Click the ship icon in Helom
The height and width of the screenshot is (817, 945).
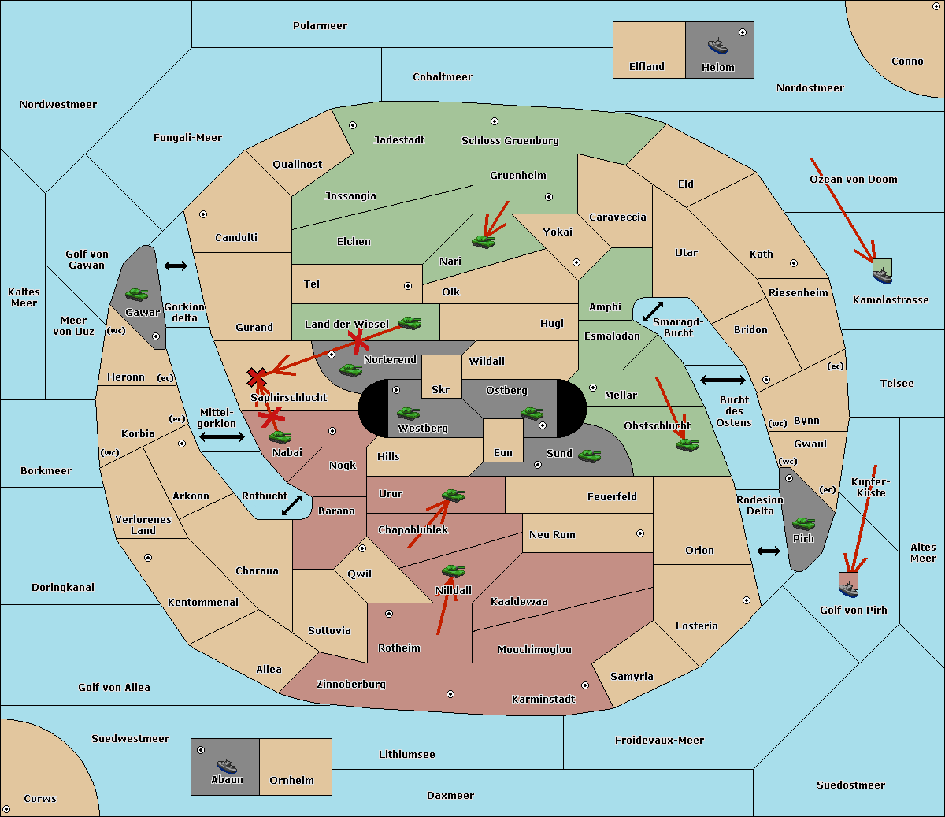[717, 46]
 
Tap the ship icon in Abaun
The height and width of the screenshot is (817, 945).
[227, 765]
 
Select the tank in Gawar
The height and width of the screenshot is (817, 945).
[137, 294]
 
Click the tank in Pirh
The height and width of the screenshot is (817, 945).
[803, 523]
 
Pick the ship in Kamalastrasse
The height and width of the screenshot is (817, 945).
[882, 275]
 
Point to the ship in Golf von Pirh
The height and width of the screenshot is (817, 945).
[849, 589]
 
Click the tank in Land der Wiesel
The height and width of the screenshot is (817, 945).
[410, 322]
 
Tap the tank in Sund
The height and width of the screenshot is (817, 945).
[589, 455]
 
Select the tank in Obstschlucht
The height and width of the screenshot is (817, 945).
[687, 444]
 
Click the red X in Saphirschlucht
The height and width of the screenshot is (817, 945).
[257, 377]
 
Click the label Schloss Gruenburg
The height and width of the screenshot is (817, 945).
[510, 140]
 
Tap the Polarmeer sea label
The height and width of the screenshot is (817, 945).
[320, 26]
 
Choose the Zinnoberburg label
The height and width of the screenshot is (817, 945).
[351, 685]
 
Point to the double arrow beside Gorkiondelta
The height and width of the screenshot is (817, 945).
[176, 266]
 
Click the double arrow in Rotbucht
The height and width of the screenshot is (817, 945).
[291, 506]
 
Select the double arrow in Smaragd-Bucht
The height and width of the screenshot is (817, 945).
[653, 311]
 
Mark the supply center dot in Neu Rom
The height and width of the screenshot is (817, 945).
[640, 533]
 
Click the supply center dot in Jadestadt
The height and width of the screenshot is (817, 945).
[353, 125]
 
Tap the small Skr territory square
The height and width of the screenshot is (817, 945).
[441, 377]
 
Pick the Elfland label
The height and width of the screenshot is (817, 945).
[647, 67]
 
